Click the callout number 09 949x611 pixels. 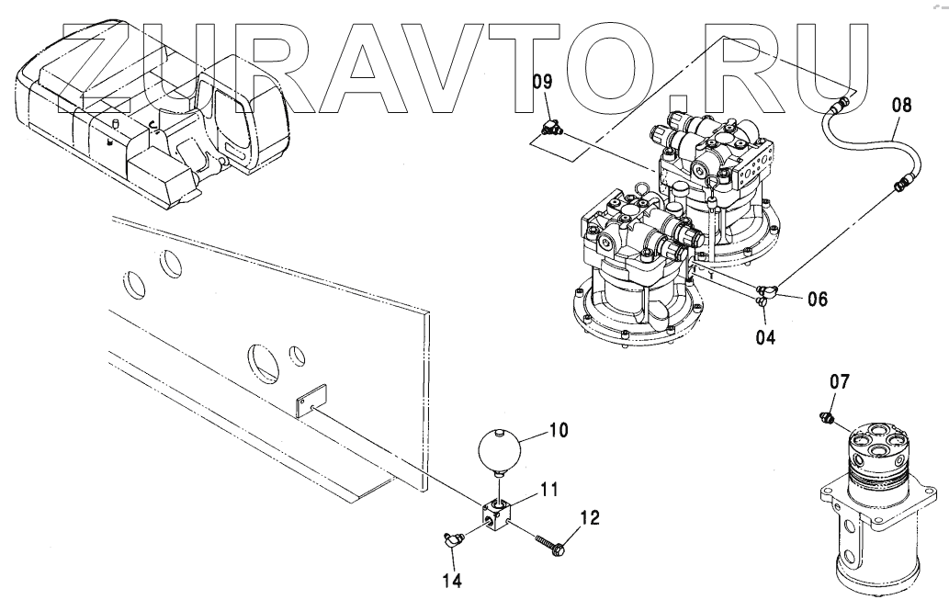[x=543, y=83]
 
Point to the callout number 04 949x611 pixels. [x=765, y=337]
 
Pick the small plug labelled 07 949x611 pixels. [x=827, y=420]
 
